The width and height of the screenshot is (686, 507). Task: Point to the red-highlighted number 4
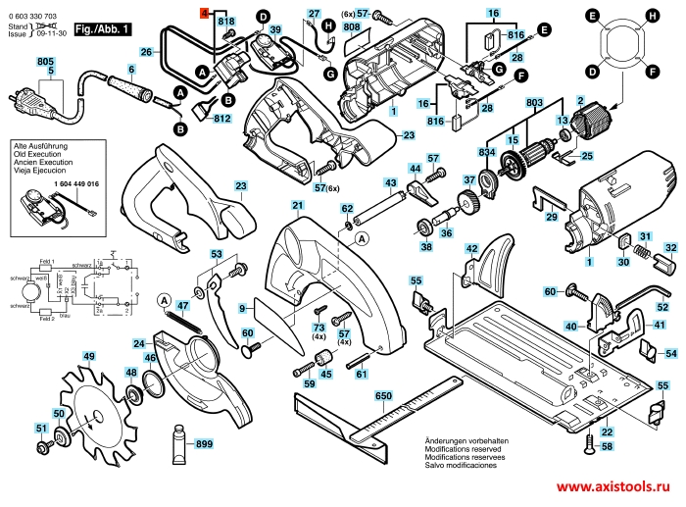pyautogui.click(x=205, y=11)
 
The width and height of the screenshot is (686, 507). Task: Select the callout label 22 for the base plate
pyautogui.click(x=607, y=432)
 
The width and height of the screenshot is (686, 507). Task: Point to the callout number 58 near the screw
pyautogui.click(x=607, y=446)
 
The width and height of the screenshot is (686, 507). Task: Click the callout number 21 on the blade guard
pyautogui.click(x=297, y=205)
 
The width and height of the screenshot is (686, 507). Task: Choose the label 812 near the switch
pyautogui.click(x=221, y=119)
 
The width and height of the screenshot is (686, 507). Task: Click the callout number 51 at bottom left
pyautogui.click(x=40, y=429)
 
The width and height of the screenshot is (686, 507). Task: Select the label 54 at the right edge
pyautogui.click(x=670, y=353)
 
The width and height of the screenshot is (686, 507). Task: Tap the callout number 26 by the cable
pyautogui.click(x=146, y=51)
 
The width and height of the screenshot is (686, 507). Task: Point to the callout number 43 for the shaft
pyautogui.click(x=390, y=183)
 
